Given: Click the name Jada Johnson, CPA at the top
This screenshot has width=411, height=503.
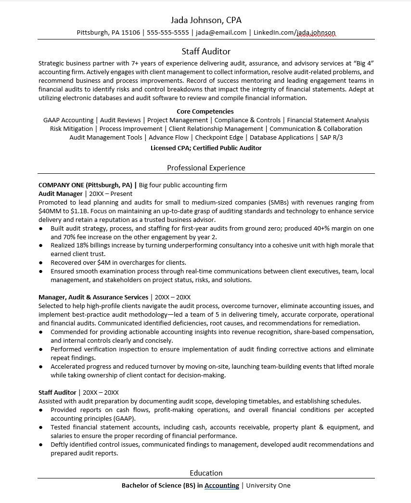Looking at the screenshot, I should click(206, 20).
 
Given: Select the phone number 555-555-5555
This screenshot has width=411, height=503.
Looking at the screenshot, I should click(167, 33).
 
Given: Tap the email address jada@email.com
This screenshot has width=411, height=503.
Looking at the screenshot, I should click(221, 33).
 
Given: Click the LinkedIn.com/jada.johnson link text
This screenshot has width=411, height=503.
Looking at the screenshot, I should click(295, 33).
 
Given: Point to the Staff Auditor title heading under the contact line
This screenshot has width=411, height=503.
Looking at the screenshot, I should click(206, 52).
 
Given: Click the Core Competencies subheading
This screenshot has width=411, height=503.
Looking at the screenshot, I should click(205, 112).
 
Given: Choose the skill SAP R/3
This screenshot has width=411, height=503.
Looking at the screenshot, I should click(332, 138).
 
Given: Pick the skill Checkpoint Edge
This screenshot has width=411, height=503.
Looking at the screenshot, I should click(219, 138).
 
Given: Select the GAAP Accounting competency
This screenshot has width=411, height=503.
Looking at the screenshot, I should click(68, 120).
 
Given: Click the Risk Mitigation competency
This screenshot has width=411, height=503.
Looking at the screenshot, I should click(72, 129).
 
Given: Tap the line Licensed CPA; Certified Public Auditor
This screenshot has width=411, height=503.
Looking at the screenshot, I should click(206, 148).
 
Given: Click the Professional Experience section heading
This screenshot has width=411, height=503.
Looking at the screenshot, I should click(206, 168).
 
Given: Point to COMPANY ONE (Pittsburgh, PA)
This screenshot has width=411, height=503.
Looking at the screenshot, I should click(85, 185).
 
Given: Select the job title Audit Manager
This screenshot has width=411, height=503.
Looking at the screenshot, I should click(61, 193).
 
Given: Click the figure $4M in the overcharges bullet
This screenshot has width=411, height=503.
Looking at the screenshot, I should click(104, 263).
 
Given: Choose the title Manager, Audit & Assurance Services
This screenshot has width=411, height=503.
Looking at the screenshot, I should click(93, 297).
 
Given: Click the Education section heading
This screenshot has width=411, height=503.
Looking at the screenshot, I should click(206, 473).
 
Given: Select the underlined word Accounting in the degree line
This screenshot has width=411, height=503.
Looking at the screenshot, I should click(222, 486).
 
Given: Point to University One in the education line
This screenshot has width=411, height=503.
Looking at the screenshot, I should click(268, 486).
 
